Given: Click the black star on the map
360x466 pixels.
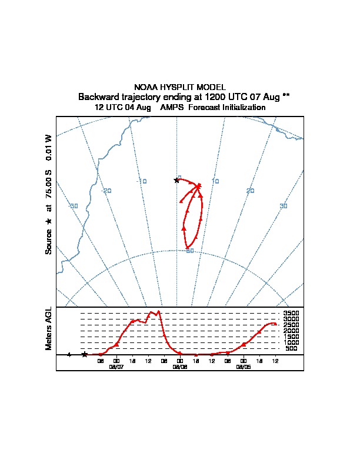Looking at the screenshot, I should coord(176,180).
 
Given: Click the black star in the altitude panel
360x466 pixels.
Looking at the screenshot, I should coord(85,354).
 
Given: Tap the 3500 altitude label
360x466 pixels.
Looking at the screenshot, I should coord(291,313).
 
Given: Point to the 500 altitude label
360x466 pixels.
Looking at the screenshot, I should coord(291,348).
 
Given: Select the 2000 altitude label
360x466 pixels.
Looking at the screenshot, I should coord(291,331).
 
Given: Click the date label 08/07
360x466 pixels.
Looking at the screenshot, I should coord(116,366).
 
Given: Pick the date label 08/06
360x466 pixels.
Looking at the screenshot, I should coord(180,366).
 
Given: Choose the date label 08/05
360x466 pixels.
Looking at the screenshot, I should coord(244,366).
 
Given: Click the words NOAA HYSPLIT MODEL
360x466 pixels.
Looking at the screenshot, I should coord(180,87).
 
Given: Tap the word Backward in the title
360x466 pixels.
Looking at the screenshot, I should coord(97,96).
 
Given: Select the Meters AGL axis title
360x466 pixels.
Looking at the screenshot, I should coord(49,328).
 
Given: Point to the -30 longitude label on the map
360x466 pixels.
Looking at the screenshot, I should coord(74,205).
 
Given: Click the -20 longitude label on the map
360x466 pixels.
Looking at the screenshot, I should coord(106,191).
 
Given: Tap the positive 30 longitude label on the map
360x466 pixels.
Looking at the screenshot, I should coord(284,205).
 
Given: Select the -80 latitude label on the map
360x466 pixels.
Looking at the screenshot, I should coord(189,251).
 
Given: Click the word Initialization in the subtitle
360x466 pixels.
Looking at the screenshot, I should coord(238,108).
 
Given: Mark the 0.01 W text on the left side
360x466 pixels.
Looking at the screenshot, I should coord(49,147).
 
